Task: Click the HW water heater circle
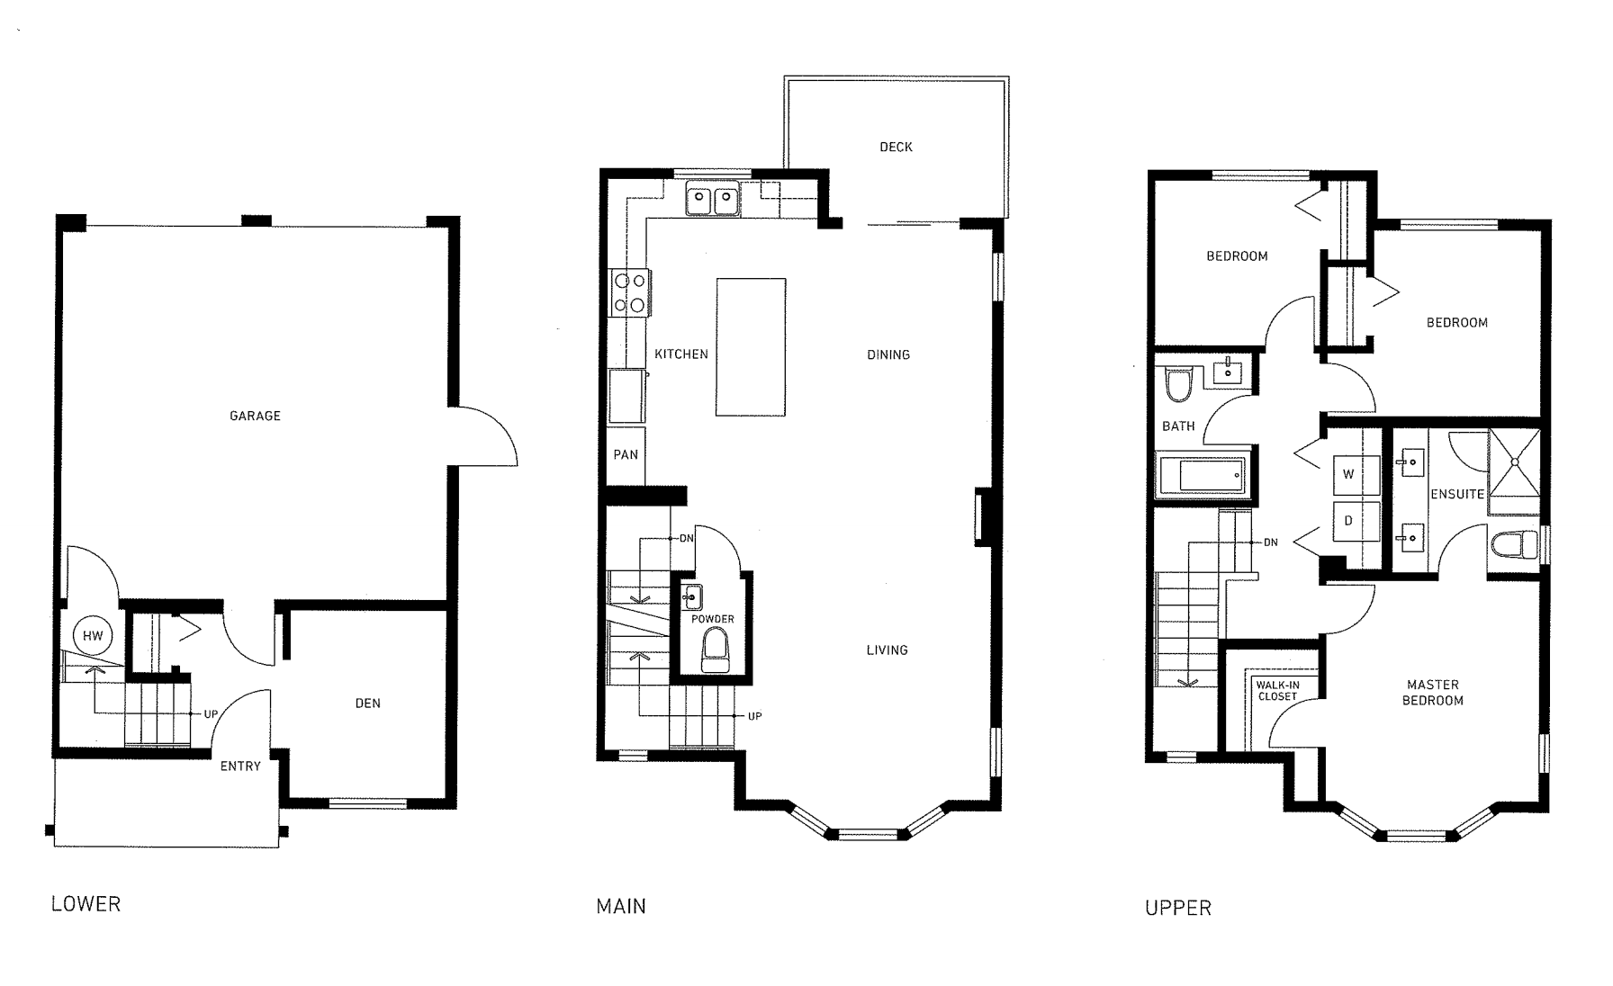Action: point(93,635)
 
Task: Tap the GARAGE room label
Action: point(255,416)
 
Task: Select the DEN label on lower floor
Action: point(367,703)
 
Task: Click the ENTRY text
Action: point(240,766)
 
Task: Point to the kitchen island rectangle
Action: point(751,347)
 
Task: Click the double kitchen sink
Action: point(713,200)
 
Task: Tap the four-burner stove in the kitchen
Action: point(629,292)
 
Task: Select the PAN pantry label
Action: point(626,454)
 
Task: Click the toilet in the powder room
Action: point(716,648)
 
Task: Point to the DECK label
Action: point(896,147)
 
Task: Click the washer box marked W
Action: point(1348,474)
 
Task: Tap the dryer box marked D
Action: point(1348,521)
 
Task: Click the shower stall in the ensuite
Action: point(1514,471)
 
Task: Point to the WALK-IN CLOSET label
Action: point(1277,691)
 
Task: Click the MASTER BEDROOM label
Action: point(1432,692)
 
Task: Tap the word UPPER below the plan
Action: point(1177,908)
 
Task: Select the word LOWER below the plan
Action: point(86,903)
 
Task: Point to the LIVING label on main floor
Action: point(887,650)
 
